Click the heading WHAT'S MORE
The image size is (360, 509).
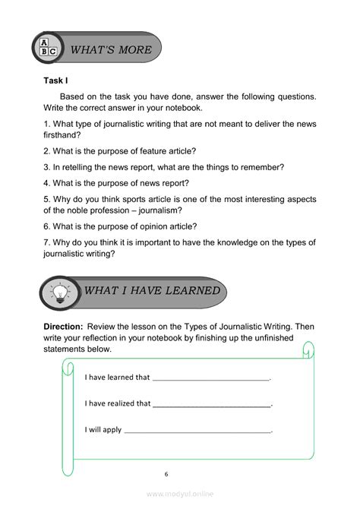pos(111,50)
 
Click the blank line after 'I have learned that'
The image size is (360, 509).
pos(211,378)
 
